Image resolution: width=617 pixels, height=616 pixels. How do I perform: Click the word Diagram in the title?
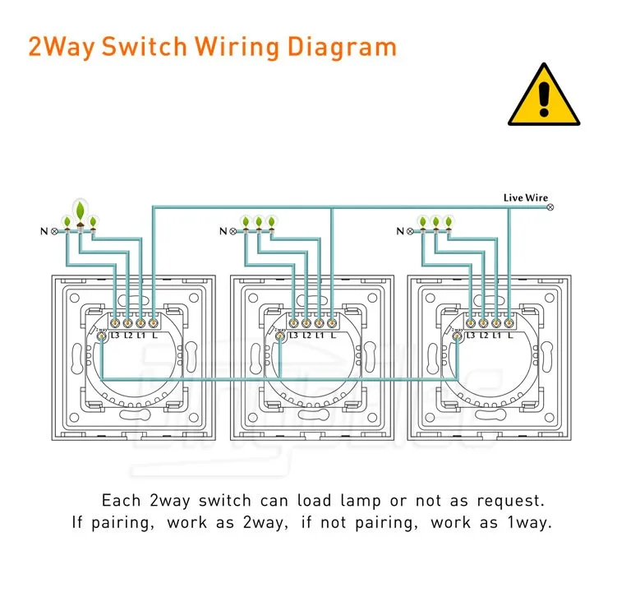(342, 46)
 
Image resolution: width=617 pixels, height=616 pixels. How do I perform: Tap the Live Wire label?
(525, 198)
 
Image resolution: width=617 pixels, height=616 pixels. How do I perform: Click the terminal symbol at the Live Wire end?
(550, 208)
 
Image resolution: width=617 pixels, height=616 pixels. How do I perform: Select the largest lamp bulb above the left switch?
(80, 213)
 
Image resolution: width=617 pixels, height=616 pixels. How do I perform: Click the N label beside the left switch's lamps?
(43, 231)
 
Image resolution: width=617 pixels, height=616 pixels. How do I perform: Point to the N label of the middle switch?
(223, 231)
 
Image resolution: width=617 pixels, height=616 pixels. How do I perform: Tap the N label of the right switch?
(400, 231)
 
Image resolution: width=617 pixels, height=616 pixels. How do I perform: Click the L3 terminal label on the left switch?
(115, 335)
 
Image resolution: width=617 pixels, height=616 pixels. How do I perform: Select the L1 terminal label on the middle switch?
(319, 335)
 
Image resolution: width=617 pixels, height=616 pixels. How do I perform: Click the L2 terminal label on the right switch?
(484, 335)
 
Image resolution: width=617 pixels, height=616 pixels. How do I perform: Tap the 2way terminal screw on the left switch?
(101, 335)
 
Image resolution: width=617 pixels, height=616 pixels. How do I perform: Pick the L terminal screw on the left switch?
(154, 322)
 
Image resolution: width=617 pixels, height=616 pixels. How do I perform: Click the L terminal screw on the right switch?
(509, 322)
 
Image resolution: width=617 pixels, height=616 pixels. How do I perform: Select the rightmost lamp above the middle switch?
(271, 222)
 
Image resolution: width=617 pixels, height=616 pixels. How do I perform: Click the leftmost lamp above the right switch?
(422, 222)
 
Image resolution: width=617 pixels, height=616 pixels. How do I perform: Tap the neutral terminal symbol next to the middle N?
(233, 231)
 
